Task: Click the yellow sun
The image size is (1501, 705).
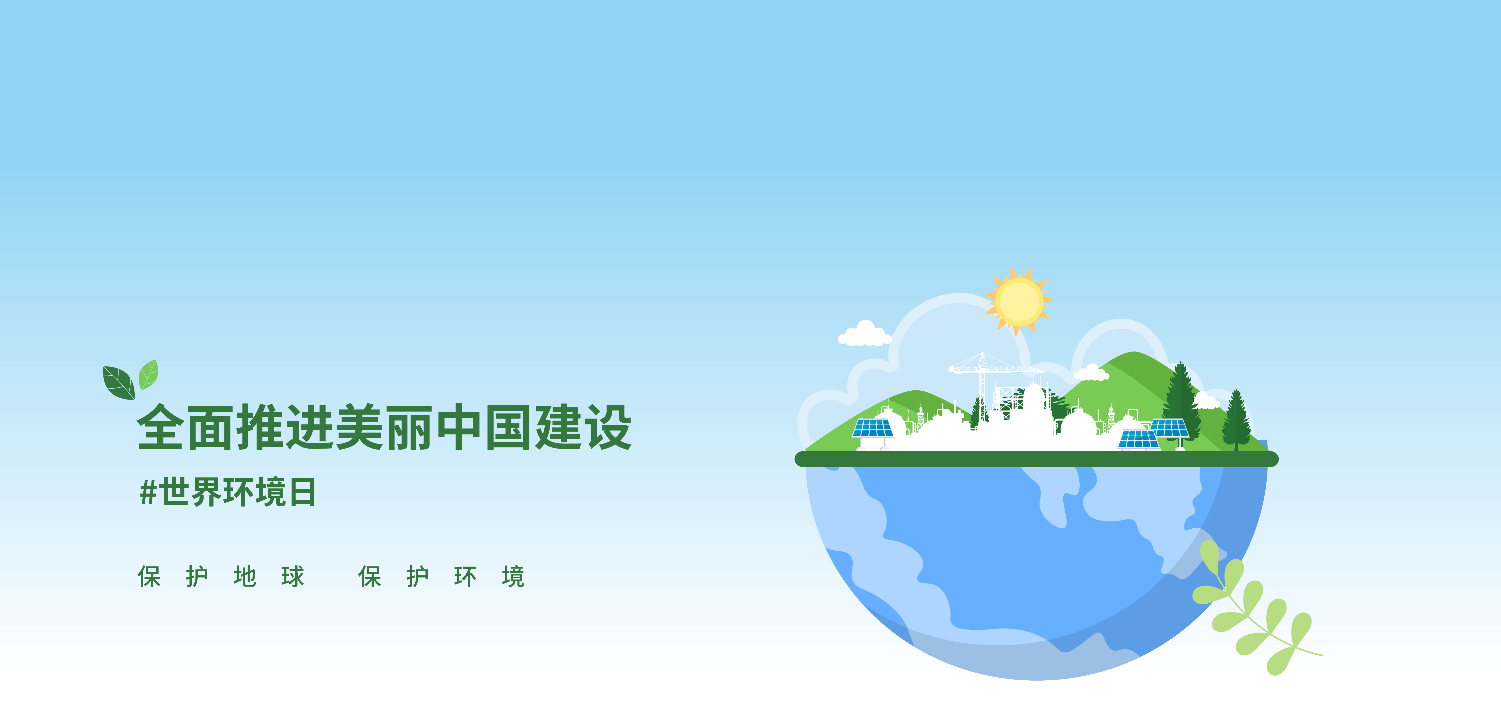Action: pos(1019,301)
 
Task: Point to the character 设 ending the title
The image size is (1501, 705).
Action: pos(608,427)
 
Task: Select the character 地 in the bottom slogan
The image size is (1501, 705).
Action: pos(245,577)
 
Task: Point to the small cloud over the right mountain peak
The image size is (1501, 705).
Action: pos(1091,373)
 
